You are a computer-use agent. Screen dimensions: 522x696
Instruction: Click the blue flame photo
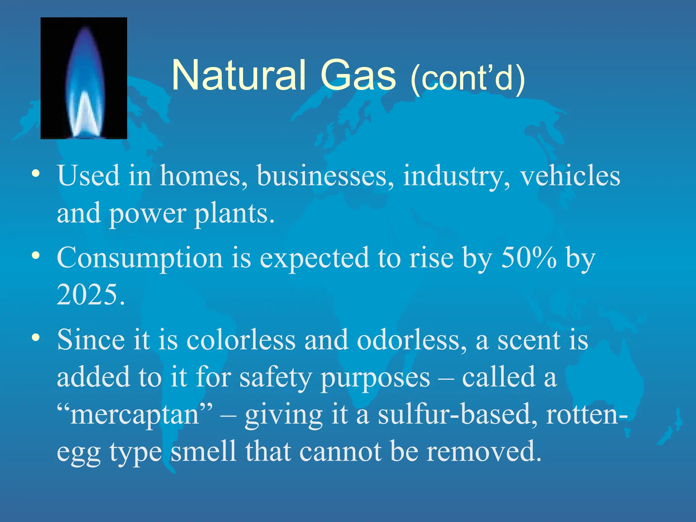point(84,78)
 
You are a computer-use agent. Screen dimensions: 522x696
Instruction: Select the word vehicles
point(570,176)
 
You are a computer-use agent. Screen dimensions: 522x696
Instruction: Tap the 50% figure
point(529,258)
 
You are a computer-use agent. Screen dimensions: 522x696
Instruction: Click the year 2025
point(90,294)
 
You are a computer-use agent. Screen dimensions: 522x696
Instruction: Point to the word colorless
point(241,340)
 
